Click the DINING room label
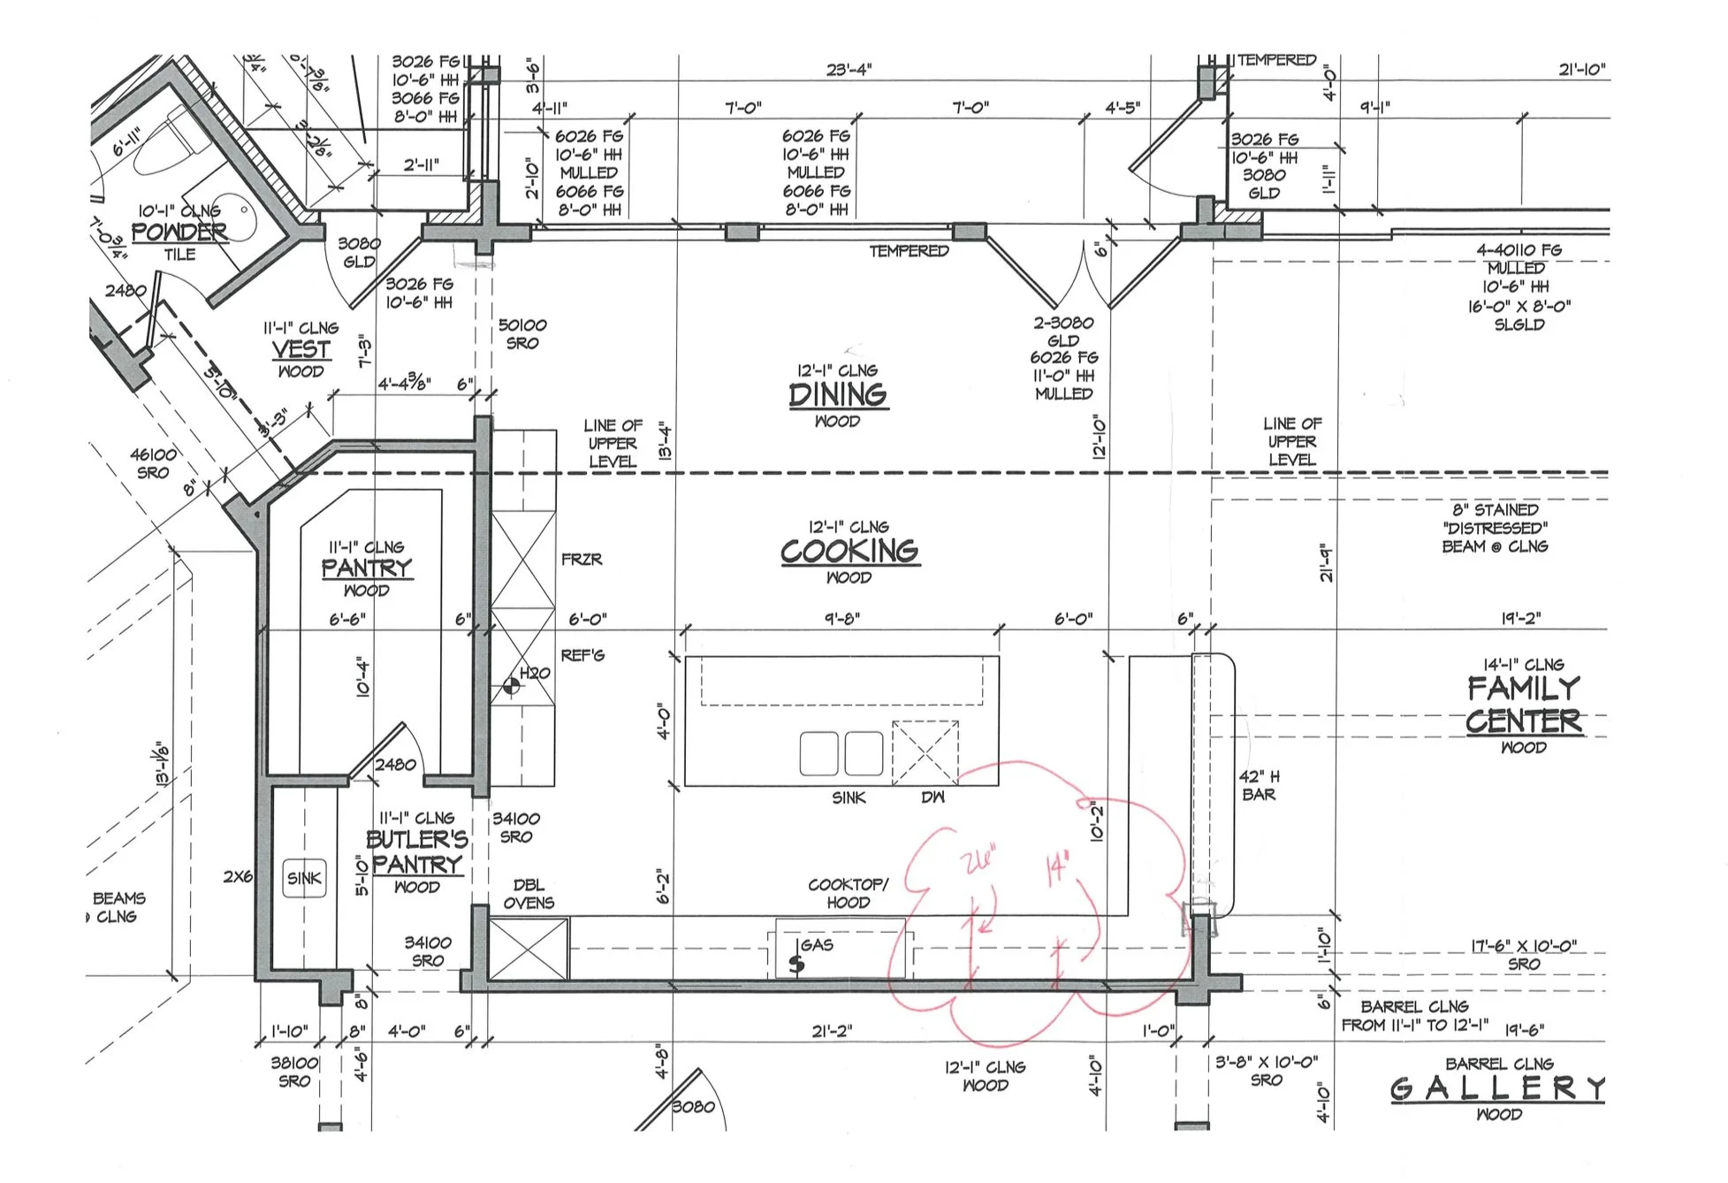(x=838, y=394)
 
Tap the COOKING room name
(x=849, y=551)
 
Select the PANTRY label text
(x=366, y=568)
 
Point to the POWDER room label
(x=179, y=233)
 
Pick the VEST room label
(x=301, y=349)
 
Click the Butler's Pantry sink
(x=304, y=878)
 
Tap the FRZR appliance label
(x=582, y=559)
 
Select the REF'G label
(x=582, y=655)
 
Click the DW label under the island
(x=933, y=797)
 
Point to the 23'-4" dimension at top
(x=849, y=69)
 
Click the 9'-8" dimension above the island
(x=841, y=619)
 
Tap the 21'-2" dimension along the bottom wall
(x=832, y=1030)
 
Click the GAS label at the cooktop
(x=818, y=944)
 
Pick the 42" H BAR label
(x=1259, y=785)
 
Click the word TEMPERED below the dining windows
(x=909, y=251)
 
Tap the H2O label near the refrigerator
(x=535, y=673)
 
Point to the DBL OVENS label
(x=529, y=894)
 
